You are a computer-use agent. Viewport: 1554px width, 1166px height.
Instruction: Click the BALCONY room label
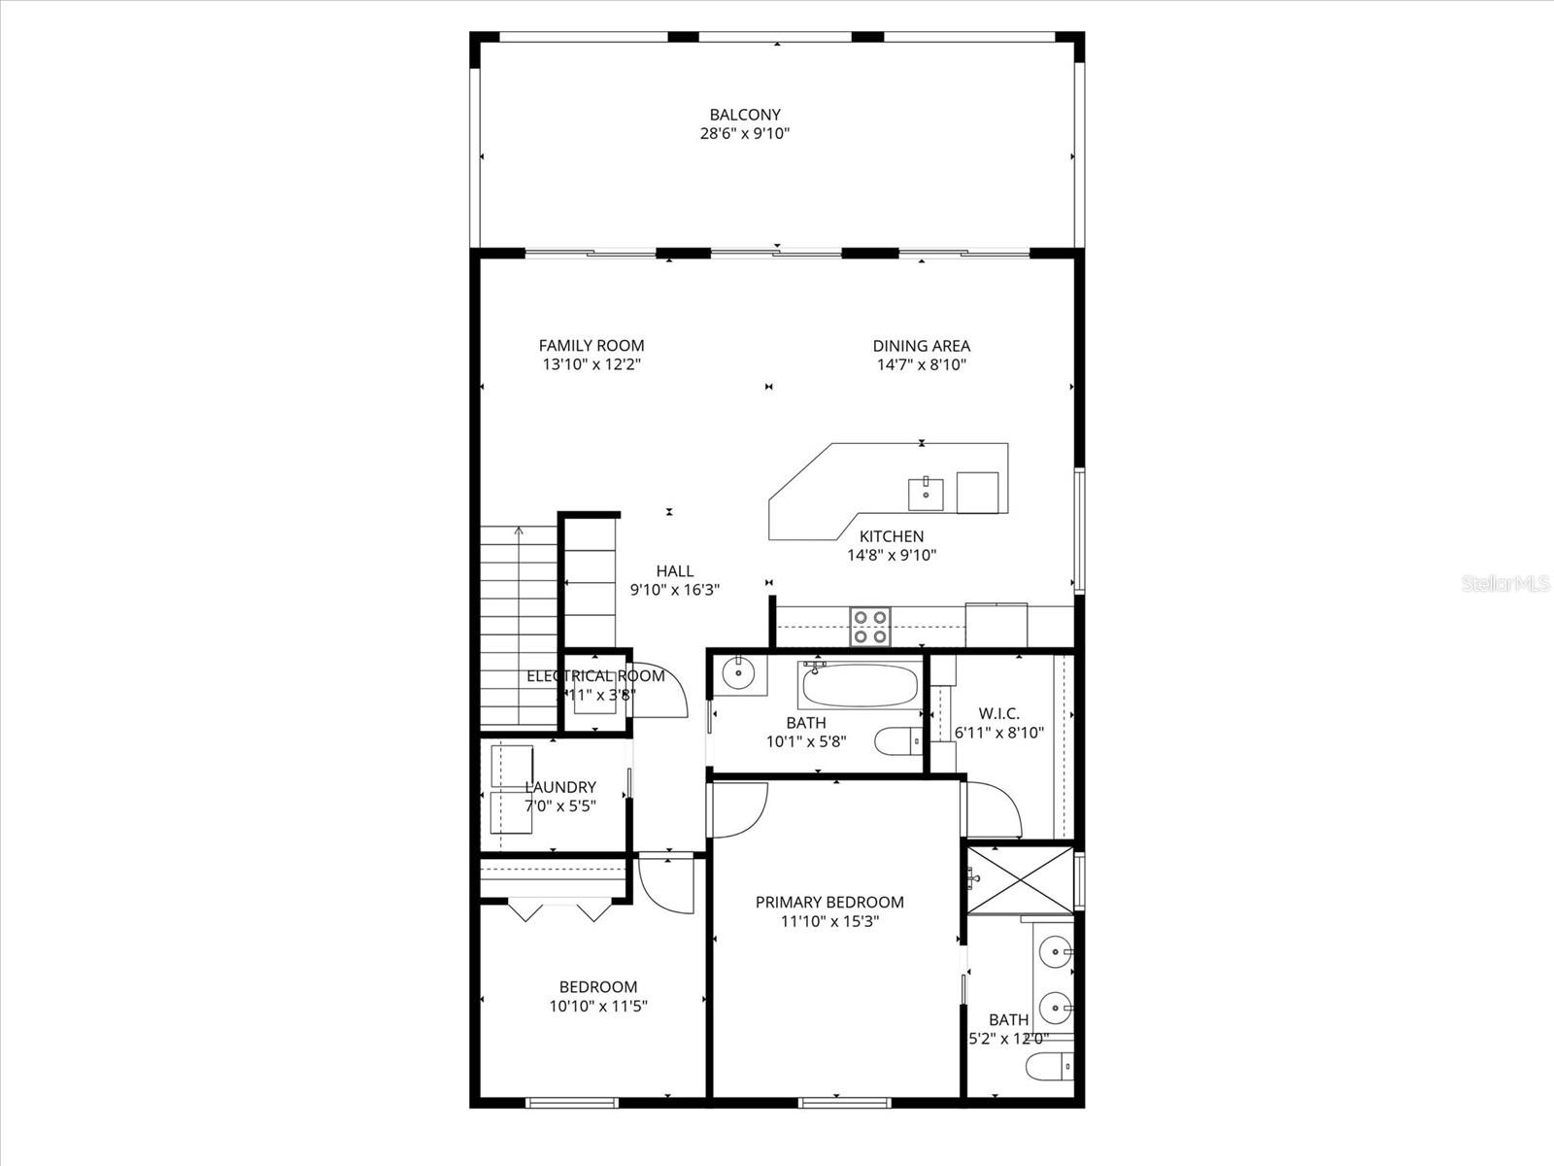(744, 115)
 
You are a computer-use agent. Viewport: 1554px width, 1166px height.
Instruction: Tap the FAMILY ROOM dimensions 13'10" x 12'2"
(591, 365)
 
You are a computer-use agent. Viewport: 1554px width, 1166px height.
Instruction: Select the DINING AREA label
(921, 346)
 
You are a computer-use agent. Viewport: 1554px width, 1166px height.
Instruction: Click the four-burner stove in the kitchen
(869, 626)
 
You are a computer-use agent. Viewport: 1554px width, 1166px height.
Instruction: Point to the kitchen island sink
(926, 494)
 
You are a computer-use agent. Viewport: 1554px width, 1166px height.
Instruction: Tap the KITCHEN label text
(892, 536)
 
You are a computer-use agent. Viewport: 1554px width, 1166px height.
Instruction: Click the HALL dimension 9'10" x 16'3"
(674, 590)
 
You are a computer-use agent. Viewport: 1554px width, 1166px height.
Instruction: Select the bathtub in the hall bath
(859, 685)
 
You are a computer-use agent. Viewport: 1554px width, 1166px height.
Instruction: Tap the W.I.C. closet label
(999, 713)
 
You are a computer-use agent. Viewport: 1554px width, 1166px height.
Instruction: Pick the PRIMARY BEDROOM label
(829, 902)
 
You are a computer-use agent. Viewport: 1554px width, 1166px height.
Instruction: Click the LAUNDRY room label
(560, 787)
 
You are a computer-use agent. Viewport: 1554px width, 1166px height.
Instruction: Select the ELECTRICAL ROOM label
(595, 676)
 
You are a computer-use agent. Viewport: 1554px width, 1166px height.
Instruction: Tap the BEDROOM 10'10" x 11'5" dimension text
(598, 1007)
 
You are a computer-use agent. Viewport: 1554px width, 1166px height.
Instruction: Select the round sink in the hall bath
(740, 670)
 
